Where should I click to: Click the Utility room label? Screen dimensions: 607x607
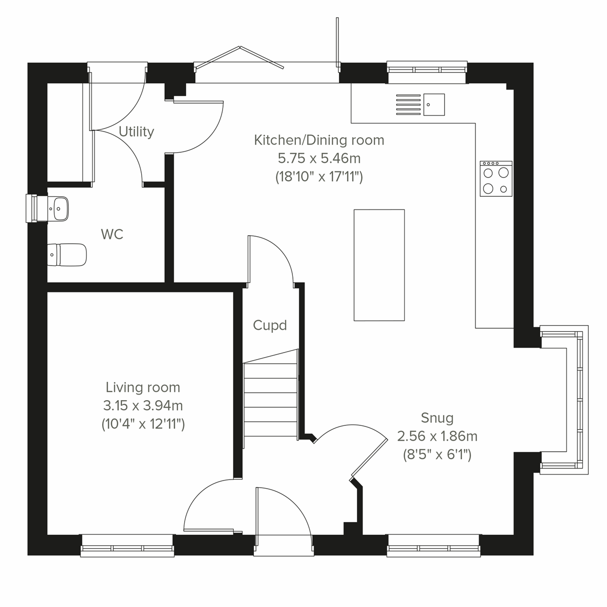(136, 132)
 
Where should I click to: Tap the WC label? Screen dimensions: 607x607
(112, 234)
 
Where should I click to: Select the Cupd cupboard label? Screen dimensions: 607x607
(270, 325)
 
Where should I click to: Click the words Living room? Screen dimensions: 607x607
(143, 387)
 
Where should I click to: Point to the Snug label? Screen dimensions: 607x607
(437, 418)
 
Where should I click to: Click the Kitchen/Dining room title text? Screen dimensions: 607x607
(319, 140)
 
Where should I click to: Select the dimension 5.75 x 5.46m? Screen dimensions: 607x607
(319, 158)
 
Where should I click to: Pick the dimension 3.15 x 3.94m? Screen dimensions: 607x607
(143, 406)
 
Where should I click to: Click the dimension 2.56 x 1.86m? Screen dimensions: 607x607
(437, 436)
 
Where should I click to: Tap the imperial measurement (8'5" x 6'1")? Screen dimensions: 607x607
(437, 454)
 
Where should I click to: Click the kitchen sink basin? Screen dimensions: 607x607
(434, 105)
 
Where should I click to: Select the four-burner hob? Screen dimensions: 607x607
(496, 179)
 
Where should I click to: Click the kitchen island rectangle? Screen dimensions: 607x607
(379, 265)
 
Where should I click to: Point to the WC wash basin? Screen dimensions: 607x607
(59, 208)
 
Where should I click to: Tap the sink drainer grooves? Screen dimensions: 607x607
(407, 105)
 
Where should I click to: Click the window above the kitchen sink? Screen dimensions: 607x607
(427, 71)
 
